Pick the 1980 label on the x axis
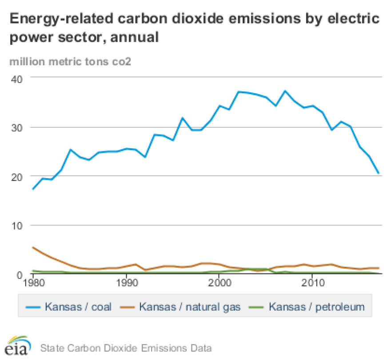click(x=33, y=283)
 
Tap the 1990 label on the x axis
click(x=127, y=283)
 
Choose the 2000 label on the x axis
click(x=219, y=283)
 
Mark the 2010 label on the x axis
click(x=312, y=283)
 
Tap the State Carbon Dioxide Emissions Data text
click(x=125, y=347)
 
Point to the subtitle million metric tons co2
click(x=70, y=62)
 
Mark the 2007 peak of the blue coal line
click(x=284, y=91)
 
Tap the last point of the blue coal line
click(x=378, y=174)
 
